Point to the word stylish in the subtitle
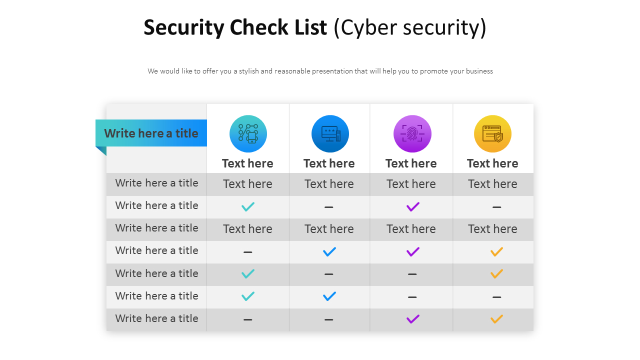click(x=248, y=71)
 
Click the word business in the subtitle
click(x=479, y=71)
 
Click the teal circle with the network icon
click(x=248, y=133)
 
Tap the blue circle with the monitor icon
click(x=330, y=133)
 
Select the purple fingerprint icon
click(x=412, y=133)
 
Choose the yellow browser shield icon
click(x=492, y=133)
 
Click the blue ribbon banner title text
click(x=151, y=133)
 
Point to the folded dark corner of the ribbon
click(x=102, y=150)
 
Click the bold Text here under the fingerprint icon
click(x=411, y=163)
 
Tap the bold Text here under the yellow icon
click(x=492, y=163)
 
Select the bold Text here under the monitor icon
click(x=329, y=163)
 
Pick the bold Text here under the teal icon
click(x=247, y=163)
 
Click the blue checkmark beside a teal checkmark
click(x=329, y=296)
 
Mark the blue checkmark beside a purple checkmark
click(x=329, y=251)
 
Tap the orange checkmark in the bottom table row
click(x=496, y=319)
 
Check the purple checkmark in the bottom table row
click(x=413, y=319)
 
